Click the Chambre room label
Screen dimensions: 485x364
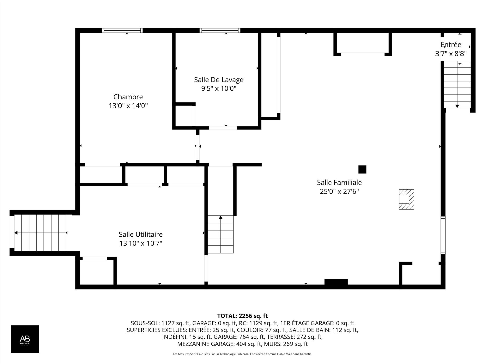click(x=128, y=97)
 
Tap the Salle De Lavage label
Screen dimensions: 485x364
click(x=219, y=80)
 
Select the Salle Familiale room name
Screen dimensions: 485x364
click(x=339, y=182)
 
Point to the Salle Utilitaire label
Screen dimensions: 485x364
click(x=141, y=234)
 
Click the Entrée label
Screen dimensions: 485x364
click(x=451, y=44)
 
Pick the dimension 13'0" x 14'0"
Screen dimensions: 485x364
click(x=128, y=106)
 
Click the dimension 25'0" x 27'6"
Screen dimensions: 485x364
click(x=339, y=191)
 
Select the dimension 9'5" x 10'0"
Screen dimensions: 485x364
click(x=219, y=89)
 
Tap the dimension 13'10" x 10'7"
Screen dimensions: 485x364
click(x=141, y=243)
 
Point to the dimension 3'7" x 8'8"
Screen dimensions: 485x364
click(x=451, y=54)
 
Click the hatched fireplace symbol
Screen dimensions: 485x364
click(x=406, y=199)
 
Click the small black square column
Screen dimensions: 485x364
click(x=362, y=169)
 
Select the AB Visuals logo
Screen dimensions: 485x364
click(x=25, y=339)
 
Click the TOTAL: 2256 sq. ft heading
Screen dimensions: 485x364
click(x=243, y=316)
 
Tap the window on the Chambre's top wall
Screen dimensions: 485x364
click(x=122, y=31)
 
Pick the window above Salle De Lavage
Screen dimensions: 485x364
click(x=220, y=31)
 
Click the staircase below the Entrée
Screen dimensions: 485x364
click(x=457, y=84)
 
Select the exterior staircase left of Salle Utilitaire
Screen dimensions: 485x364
click(x=40, y=233)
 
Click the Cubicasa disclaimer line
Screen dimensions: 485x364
click(x=243, y=354)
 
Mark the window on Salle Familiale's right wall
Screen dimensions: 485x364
click(x=443, y=235)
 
